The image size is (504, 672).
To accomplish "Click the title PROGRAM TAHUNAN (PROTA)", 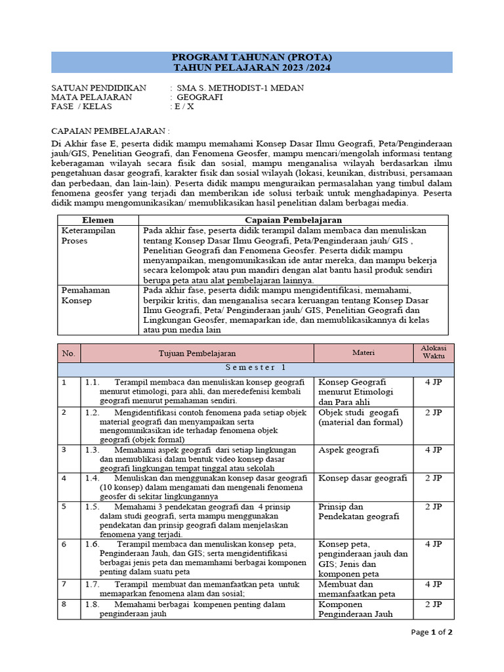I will tap(252, 56).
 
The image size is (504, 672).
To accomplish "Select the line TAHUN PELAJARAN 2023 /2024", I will tap(252, 67).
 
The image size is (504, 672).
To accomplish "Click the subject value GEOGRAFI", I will tap(200, 97).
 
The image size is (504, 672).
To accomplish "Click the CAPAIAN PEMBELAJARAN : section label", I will tap(108, 131).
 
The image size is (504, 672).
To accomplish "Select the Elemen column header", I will tap(96, 220).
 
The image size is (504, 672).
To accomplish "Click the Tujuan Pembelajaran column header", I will tap(197, 353).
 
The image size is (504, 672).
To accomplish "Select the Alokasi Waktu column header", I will tap(433, 353).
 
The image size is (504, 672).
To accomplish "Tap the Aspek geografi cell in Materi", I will tap(348, 450).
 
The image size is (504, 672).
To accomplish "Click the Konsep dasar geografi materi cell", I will tap(362, 478).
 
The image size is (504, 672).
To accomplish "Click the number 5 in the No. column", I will tap(64, 507).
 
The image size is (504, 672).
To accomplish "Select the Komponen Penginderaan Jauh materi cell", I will tap(355, 610).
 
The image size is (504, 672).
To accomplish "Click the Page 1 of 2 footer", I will tap(431, 633).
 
